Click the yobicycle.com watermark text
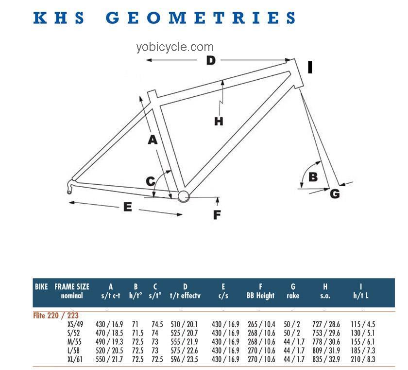pyautogui.click(x=175, y=47)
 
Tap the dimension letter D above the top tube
pyautogui.click(x=211, y=60)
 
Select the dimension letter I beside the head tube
pyautogui.click(x=310, y=67)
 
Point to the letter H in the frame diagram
pyautogui.click(x=219, y=122)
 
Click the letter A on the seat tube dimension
pyautogui.click(x=153, y=140)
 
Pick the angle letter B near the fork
pyautogui.click(x=313, y=177)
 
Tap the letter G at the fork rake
pyautogui.click(x=335, y=194)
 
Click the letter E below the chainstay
pyautogui.click(x=127, y=207)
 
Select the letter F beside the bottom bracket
pyautogui.click(x=217, y=215)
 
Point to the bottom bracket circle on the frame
pyautogui.click(x=184, y=196)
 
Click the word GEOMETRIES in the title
pyautogui.click(x=200, y=18)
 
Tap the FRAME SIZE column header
pyautogui.click(x=72, y=287)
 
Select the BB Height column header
pyautogui.click(x=260, y=296)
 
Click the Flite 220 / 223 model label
pyautogui.click(x=56, y=316)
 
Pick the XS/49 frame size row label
pyautogui.click(x=75, y=324)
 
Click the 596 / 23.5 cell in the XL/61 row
pyautogui.click(x=184, y=359)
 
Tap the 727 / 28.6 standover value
pyautogui.click(x=326, y=324)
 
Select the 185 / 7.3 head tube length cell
pyautogui.click(x=363, y=351)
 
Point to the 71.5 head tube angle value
pyautogui.click(x=137, y=333)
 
